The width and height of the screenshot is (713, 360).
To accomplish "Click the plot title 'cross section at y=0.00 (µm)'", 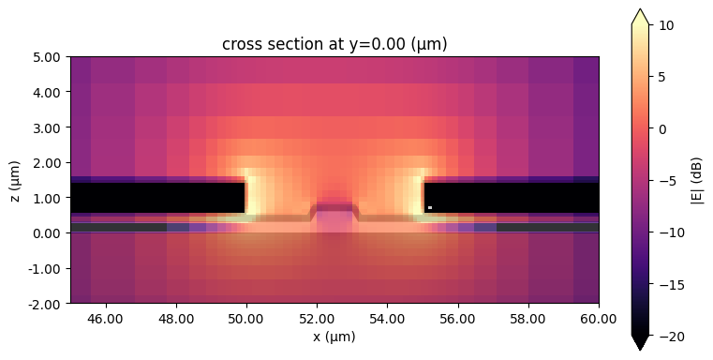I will [x=334, y=44].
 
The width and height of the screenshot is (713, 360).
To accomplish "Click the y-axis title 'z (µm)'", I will [x=16, y=180].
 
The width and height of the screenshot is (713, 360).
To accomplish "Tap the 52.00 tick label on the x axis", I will [x=317, y=319].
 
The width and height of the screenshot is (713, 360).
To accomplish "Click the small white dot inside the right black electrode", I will [x=429, y=207].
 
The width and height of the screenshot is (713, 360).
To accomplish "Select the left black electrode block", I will [x=157, y=198].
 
